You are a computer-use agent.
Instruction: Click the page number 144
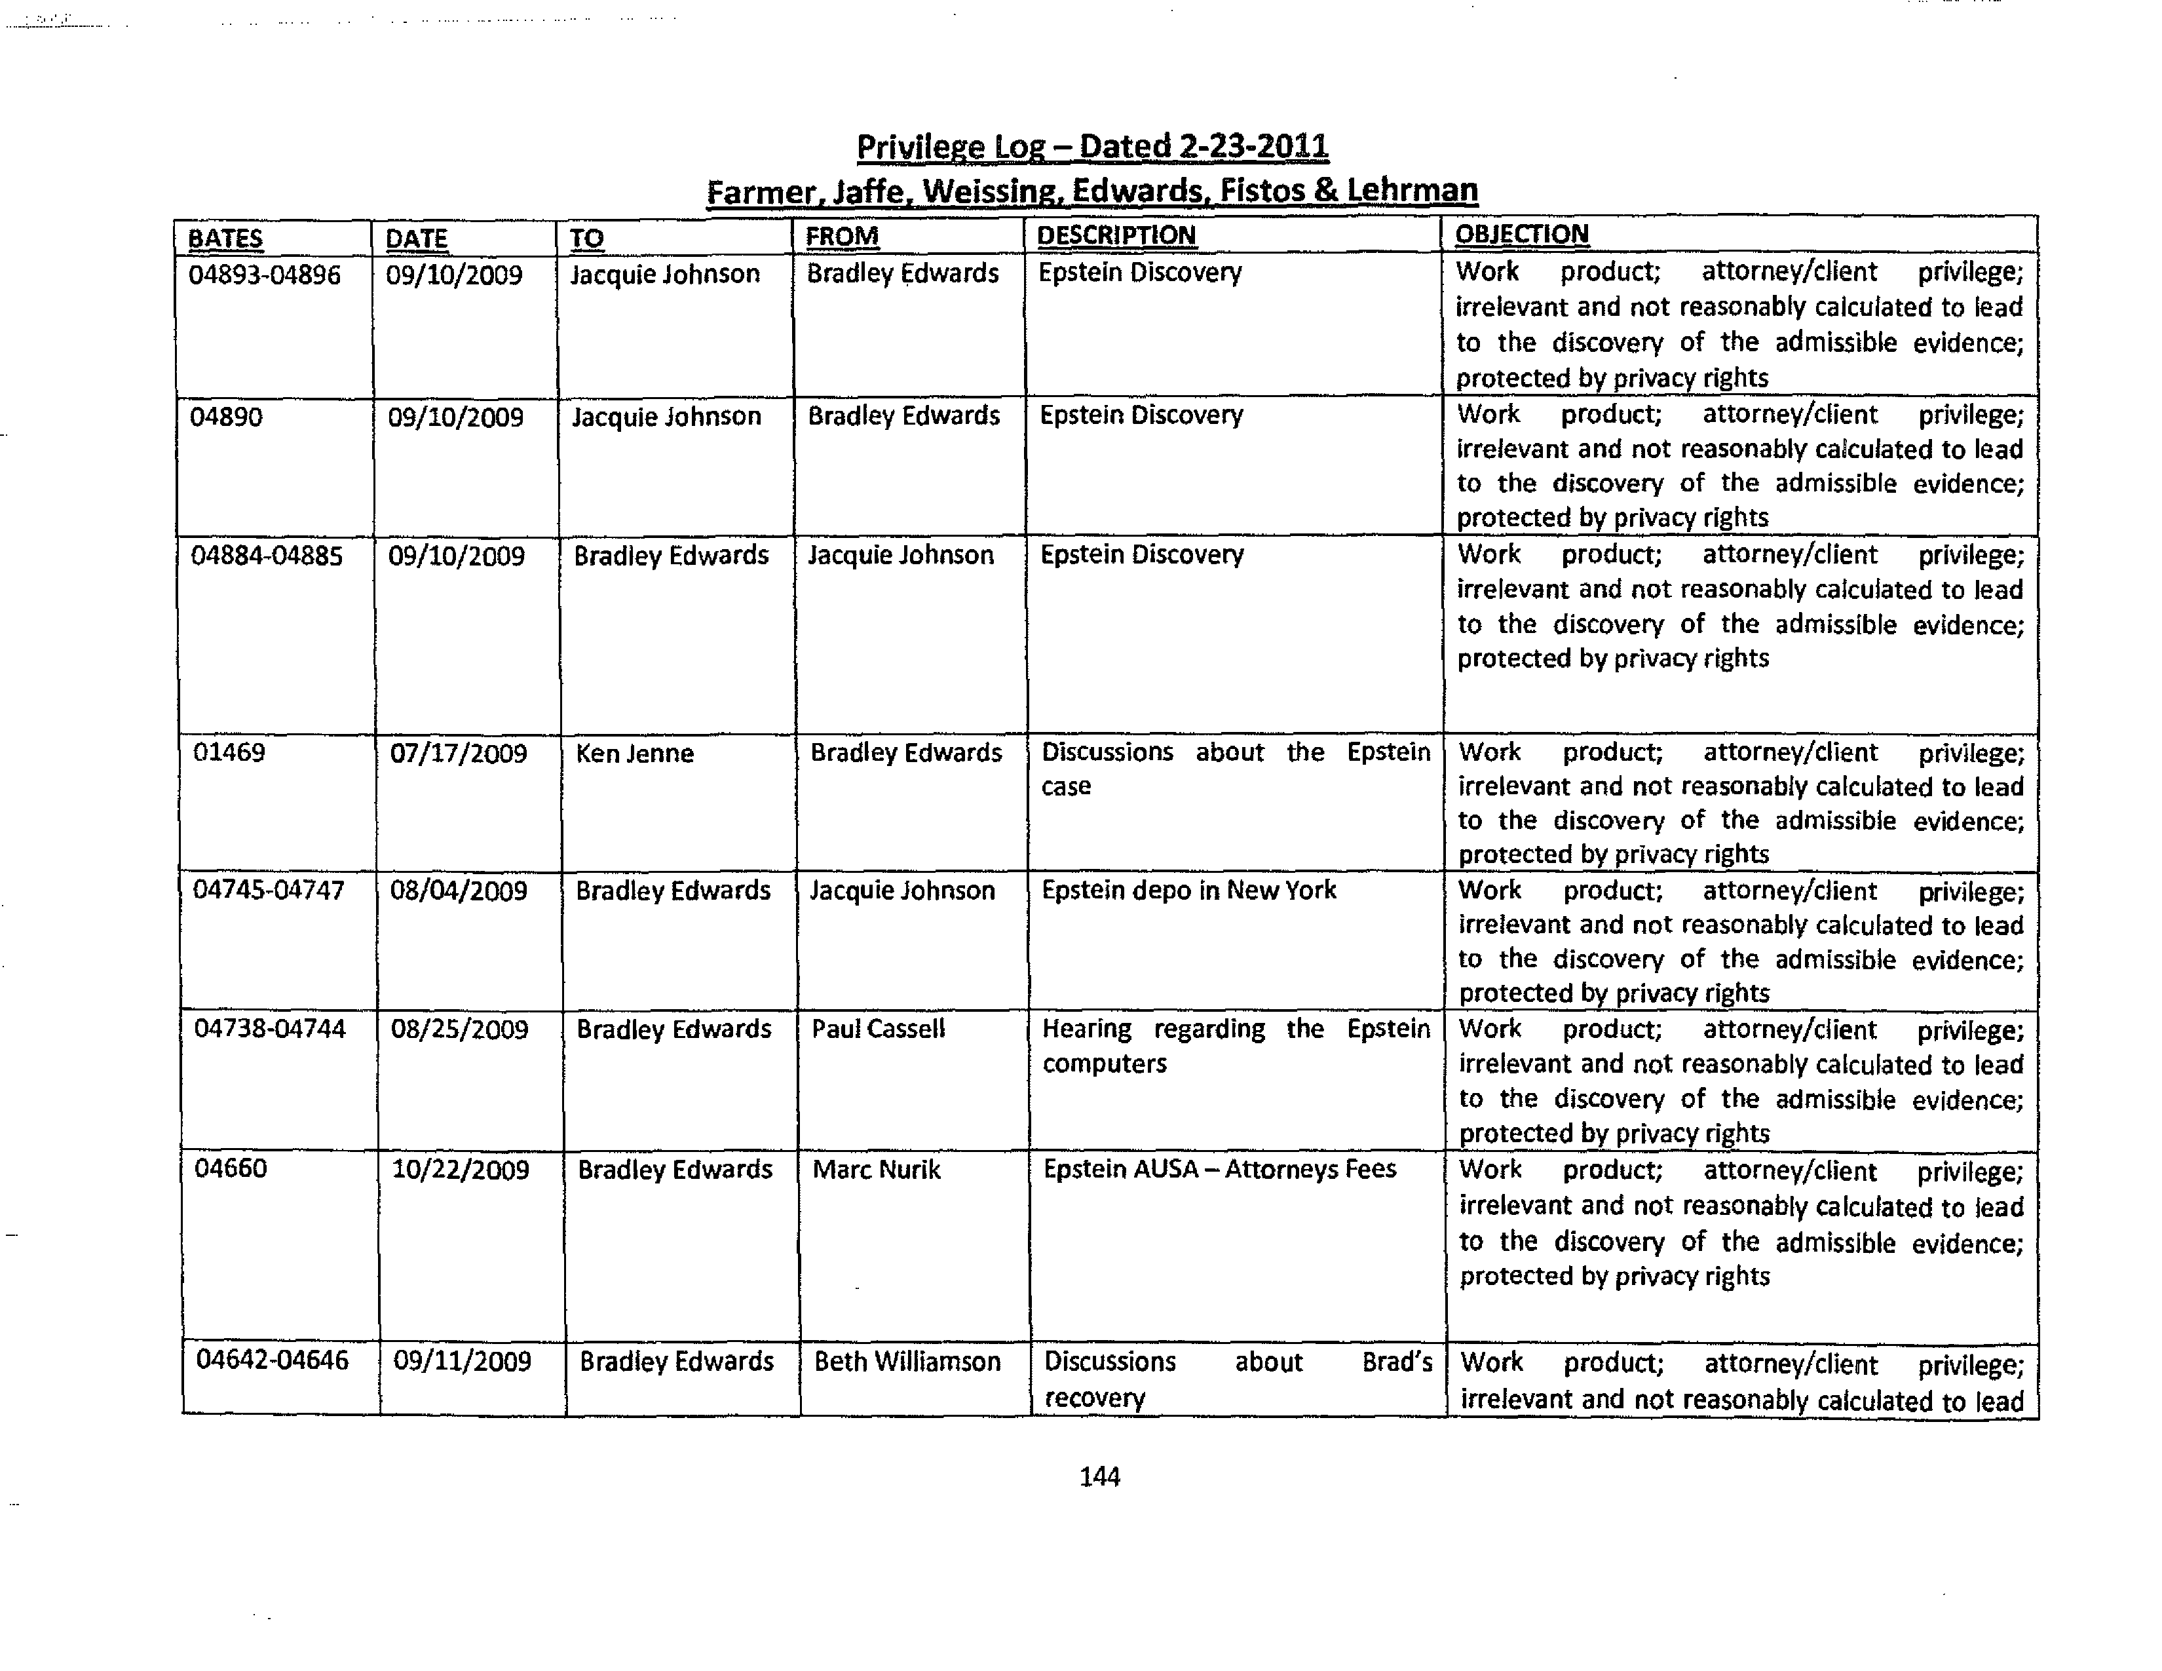pos(1099,1477)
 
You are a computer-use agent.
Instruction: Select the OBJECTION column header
pos(1521,235)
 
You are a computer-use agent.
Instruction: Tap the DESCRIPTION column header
pos(1116,236)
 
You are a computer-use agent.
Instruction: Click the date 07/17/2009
pos(459,754)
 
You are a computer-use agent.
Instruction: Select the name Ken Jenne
pos(635,754)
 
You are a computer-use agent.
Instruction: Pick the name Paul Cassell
pos(878,1029)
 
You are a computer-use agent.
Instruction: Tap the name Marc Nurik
pos(876,1170)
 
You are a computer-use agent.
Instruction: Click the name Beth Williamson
pos(907,1362)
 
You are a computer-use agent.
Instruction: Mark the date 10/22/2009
pos(461,1170)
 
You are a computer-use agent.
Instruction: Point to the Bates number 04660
pos(231,1169)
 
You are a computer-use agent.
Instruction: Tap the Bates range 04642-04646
pos(273,1360)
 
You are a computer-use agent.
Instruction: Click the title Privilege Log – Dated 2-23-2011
pos(1092,147)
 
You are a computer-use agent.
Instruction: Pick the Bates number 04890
pos(226,417)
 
